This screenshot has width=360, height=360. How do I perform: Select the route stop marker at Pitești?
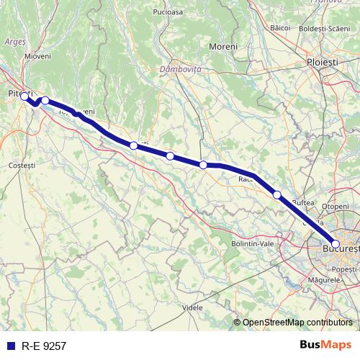click(x=24, y=96)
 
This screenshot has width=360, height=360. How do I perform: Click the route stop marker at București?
click(x=336, y=244)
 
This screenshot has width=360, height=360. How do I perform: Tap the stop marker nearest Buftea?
click(x=277, y=194)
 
